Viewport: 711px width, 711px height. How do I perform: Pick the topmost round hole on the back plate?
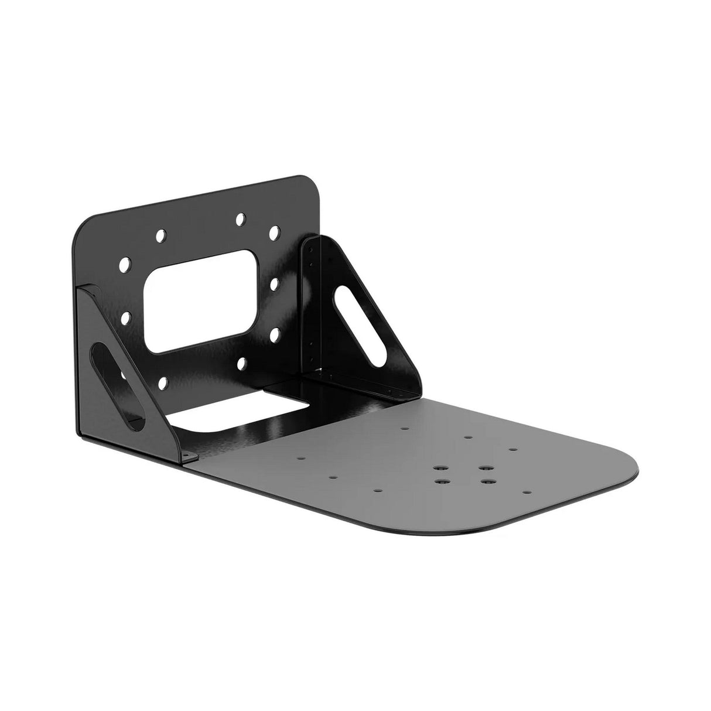coord(240,219)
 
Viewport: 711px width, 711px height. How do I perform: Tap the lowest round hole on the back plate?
coord(163,383)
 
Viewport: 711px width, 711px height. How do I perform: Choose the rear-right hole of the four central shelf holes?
coord(483,469)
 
